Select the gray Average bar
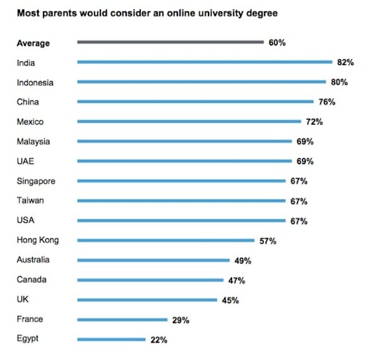click(170, 42)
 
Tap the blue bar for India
click(204, 62)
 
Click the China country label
click(29, 102)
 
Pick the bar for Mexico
click(189, 122)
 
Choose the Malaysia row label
click(33, 141)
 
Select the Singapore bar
click(181, 181)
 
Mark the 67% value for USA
click(299, 221)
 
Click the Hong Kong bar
click(165, 241)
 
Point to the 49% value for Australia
click(243, 260)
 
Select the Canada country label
click(32, 280)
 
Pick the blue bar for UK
click(147, 300)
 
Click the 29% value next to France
click(181, 320)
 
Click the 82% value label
click(345, 63)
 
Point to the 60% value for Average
click(277, 43)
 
